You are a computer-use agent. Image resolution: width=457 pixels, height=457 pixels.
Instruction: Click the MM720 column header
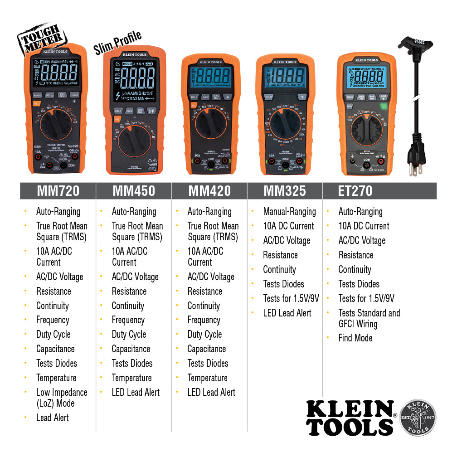pyautogui.click(x=58, y=191)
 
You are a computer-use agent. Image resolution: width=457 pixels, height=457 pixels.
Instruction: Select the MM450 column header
pyautogui.click(x=133, y=191)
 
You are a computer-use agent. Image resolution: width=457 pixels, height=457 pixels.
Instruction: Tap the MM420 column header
pyautogui.click(x=209, y=191)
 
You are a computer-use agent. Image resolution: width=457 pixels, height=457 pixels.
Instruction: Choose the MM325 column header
pyautogui.click(x=284, y=191)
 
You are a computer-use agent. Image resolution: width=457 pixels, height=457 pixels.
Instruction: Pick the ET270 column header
pyautogui.click(x=355, y=191)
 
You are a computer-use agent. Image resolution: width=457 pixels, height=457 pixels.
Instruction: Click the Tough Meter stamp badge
pyautogui.click(x=41, y=38)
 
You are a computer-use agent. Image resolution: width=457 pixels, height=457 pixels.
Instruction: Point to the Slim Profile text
pyautogui.click(x=117, y=43)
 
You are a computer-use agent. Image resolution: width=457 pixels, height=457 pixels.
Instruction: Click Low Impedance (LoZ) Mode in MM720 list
pyautogui.click(x=62, y=398)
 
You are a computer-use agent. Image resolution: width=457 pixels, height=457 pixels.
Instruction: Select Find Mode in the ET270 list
pyautogui.click(x=355, y=338)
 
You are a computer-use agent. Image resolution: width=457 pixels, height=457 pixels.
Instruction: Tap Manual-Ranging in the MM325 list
pyautogui.click(x=289, y=211)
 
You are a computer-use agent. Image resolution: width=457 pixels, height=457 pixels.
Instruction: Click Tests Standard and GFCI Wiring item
pyautogui.click(x=369, y=318)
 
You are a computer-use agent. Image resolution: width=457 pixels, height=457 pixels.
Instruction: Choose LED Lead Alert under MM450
pyautogui.click(x=136, y=392)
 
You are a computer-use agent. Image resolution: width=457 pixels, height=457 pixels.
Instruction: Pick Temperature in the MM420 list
pyautogui.click(x=207, y=378)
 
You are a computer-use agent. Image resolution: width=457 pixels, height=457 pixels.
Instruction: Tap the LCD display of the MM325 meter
pyautogui.click(x=287, y=76)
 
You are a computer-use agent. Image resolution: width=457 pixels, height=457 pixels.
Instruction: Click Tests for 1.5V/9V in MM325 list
pyautogui.click(x=291, y=298)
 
